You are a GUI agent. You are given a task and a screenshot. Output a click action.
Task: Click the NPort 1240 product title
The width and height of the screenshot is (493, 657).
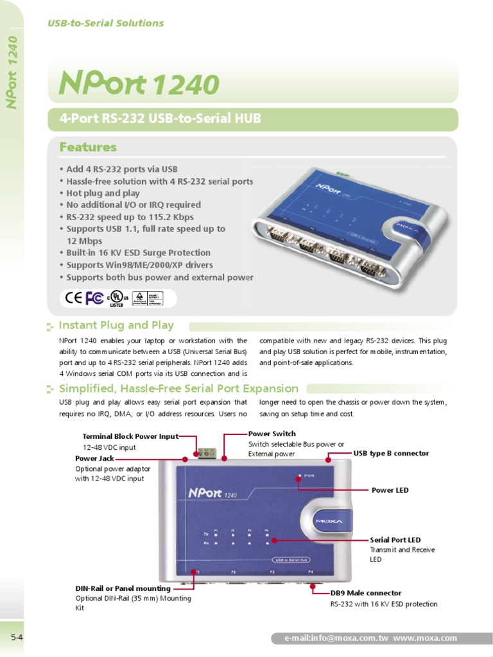point(139,84)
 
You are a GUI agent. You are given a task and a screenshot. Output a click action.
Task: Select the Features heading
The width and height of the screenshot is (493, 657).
point(88,148)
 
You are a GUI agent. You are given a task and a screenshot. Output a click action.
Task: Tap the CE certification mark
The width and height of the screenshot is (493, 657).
point(74,298)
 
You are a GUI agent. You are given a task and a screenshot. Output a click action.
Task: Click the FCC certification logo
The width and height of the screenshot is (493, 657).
point(94,298)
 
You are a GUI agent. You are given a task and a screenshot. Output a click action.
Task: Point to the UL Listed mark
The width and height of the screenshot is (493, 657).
point(116,298)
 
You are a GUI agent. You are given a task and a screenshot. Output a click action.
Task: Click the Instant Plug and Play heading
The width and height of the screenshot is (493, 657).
point(116,325)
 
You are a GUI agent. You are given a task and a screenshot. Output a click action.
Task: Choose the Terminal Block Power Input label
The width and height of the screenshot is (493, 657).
point(130,436)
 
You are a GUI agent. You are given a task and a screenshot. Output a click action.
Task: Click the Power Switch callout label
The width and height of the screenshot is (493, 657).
point(272,434)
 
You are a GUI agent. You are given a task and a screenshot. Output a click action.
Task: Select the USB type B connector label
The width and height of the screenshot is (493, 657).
point(391,454)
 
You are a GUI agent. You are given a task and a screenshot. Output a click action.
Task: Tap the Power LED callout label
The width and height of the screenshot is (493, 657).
point(390,490)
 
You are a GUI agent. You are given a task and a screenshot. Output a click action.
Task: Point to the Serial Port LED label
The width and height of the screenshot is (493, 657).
point(395,540)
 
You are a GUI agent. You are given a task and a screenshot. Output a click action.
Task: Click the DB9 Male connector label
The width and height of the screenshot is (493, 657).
point(366,593)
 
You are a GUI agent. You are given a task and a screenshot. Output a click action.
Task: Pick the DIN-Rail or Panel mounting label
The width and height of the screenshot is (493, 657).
point(123,588)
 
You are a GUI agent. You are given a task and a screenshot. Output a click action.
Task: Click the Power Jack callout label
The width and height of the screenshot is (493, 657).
point(94,459)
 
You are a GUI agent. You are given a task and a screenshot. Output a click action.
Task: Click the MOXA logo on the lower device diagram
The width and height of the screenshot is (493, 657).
point(331,521)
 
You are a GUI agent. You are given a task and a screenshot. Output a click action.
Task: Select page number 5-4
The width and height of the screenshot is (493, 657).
point(17,637)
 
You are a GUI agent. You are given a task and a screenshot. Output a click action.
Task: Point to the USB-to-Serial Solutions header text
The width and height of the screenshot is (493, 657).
point(106,23)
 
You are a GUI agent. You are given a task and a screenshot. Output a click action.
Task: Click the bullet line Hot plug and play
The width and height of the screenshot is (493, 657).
point(103,193)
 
